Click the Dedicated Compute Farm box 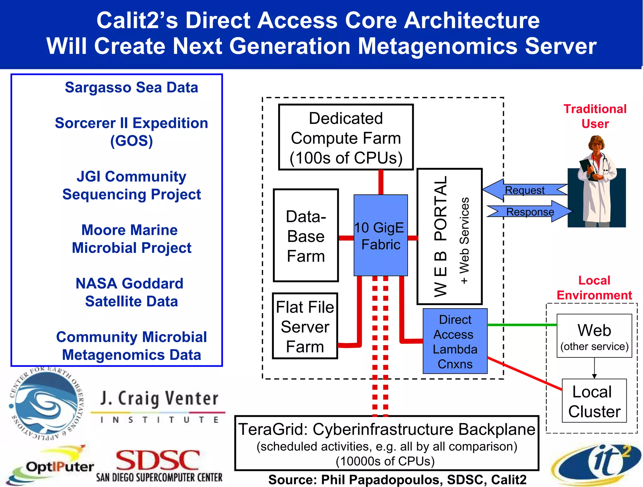click(346, 137)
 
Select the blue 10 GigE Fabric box click(381, 235)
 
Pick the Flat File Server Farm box click(305, 326)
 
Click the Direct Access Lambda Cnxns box click(455, 341)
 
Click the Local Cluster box click(594, 401)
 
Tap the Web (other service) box click(594, 336)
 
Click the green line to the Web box click(521, 325)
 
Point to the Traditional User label click(595, 116)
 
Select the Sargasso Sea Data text click(131, 87)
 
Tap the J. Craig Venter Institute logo click(159, 406)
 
